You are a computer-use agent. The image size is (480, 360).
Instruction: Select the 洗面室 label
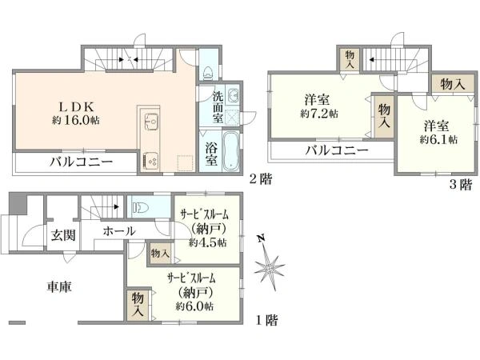pos(218,107)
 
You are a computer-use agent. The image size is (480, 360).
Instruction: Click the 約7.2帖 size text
pos(318,114)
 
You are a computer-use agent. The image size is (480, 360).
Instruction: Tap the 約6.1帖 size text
pos(440,139)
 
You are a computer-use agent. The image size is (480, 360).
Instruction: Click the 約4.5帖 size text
pos(208,242)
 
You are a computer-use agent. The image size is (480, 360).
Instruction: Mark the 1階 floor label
pos(267,321)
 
